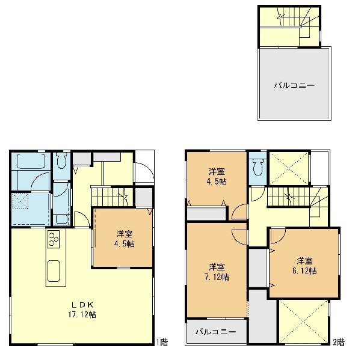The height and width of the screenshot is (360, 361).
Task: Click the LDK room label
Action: click(82, 305)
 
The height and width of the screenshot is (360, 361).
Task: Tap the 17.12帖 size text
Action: click(82, 314)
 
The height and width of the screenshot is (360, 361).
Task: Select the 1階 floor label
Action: click(162, 343)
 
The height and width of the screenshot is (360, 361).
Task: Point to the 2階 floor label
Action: click(339, 343)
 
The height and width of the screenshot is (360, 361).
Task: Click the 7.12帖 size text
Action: click(217, 277)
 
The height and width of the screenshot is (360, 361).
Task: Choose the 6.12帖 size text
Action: click(304, 270)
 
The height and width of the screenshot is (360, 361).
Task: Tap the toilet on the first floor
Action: click(61, 161)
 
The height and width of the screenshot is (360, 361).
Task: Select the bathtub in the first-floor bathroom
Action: click(31, 161)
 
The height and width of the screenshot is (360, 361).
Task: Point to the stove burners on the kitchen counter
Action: click(54, 239)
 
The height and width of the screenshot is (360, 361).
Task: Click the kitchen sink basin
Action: click(54, 271)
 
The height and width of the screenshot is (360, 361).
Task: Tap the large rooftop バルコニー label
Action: click(294, 85)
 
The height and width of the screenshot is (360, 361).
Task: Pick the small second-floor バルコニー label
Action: click(216, 332)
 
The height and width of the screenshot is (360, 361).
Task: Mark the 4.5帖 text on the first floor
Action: click(125, 243)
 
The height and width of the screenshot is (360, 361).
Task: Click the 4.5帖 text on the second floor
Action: click(217, 182)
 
